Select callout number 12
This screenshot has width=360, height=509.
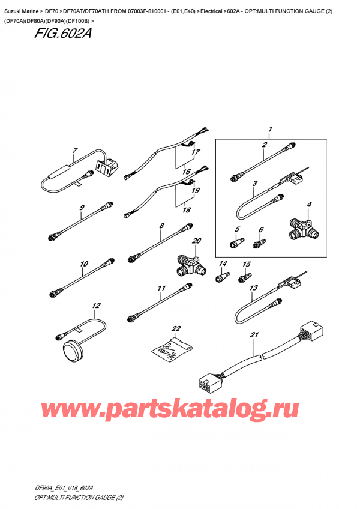click(94, 306)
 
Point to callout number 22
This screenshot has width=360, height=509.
click(176, 328)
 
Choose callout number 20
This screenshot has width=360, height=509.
click(196, 241)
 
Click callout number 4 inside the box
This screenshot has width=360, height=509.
click(309, 205)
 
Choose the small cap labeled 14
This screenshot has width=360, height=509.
click(221, 277)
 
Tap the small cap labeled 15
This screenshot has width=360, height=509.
click(245, 277)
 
